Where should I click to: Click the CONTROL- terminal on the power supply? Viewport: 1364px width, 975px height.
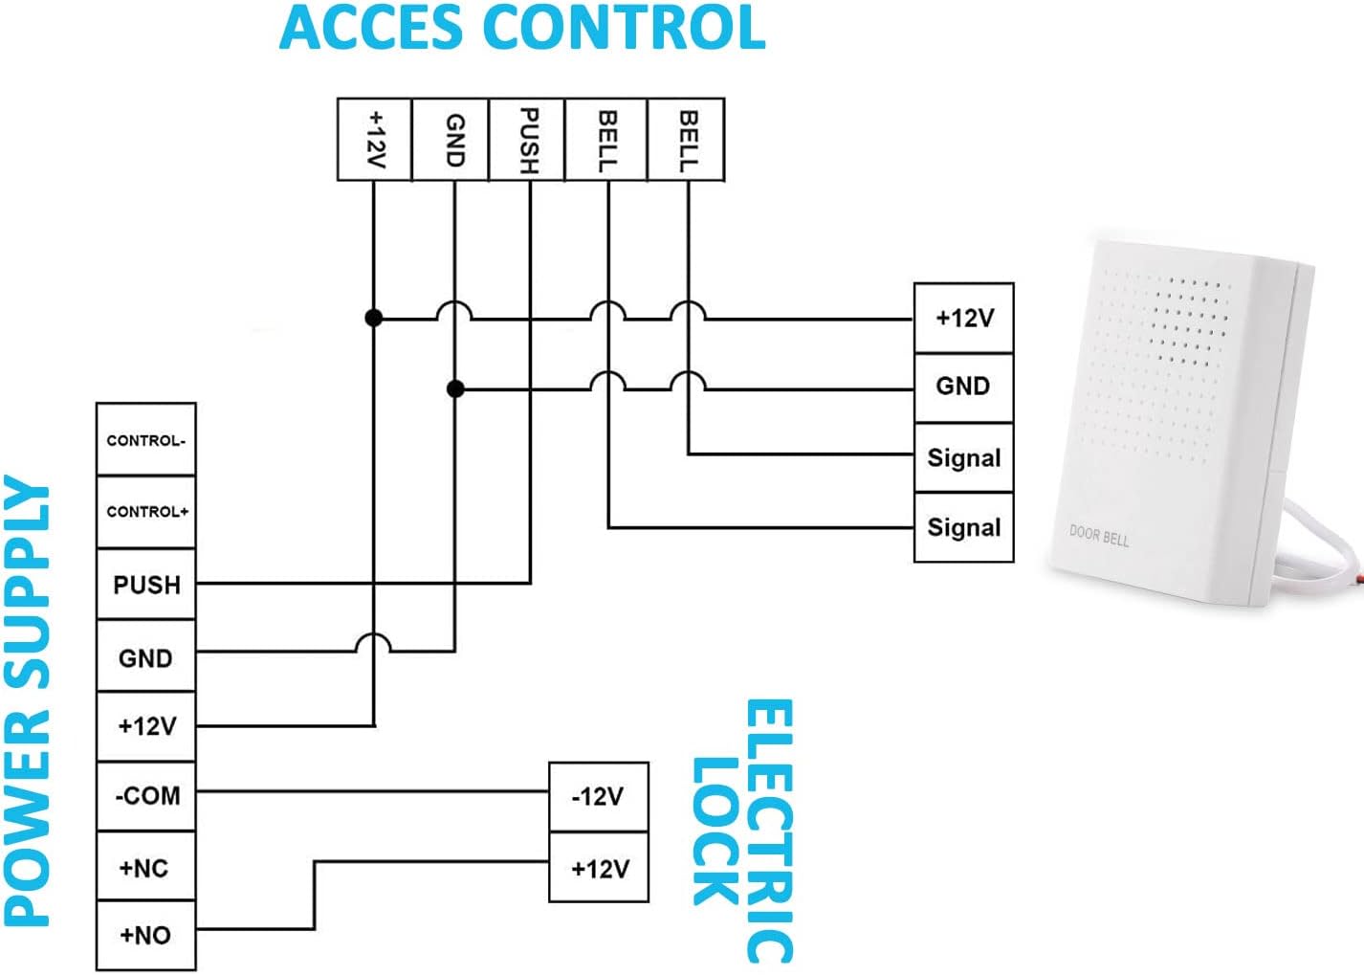tap(145, 440)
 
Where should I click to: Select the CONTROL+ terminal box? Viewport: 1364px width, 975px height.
tap(145, 512)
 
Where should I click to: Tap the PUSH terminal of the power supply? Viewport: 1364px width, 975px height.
tap(145, 584)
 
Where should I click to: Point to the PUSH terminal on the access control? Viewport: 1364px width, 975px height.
tap(527, 140)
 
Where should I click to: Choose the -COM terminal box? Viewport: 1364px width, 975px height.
tap(145, 796)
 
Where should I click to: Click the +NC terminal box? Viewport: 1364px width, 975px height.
tap(145, 868)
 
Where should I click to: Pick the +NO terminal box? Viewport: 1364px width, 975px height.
tap(145, 935)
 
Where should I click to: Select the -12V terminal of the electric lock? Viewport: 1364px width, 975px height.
tap(599, 796)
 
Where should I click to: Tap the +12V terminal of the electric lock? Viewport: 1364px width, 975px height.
tap(599, 868)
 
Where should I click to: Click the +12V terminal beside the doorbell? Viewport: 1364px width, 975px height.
tap(963, 318)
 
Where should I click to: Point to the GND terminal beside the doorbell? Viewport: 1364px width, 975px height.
tap(963, 387)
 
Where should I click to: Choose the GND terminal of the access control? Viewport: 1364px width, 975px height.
tap(453, 140)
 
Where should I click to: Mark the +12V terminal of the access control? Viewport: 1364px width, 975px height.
tap(375, 140)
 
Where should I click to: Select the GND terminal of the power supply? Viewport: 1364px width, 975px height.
tap(145, 657)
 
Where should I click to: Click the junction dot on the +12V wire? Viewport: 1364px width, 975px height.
tap(374, 318)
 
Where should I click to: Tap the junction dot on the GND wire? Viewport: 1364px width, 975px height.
tap(455, 388)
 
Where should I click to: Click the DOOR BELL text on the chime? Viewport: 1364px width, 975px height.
tap(1099, 536)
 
